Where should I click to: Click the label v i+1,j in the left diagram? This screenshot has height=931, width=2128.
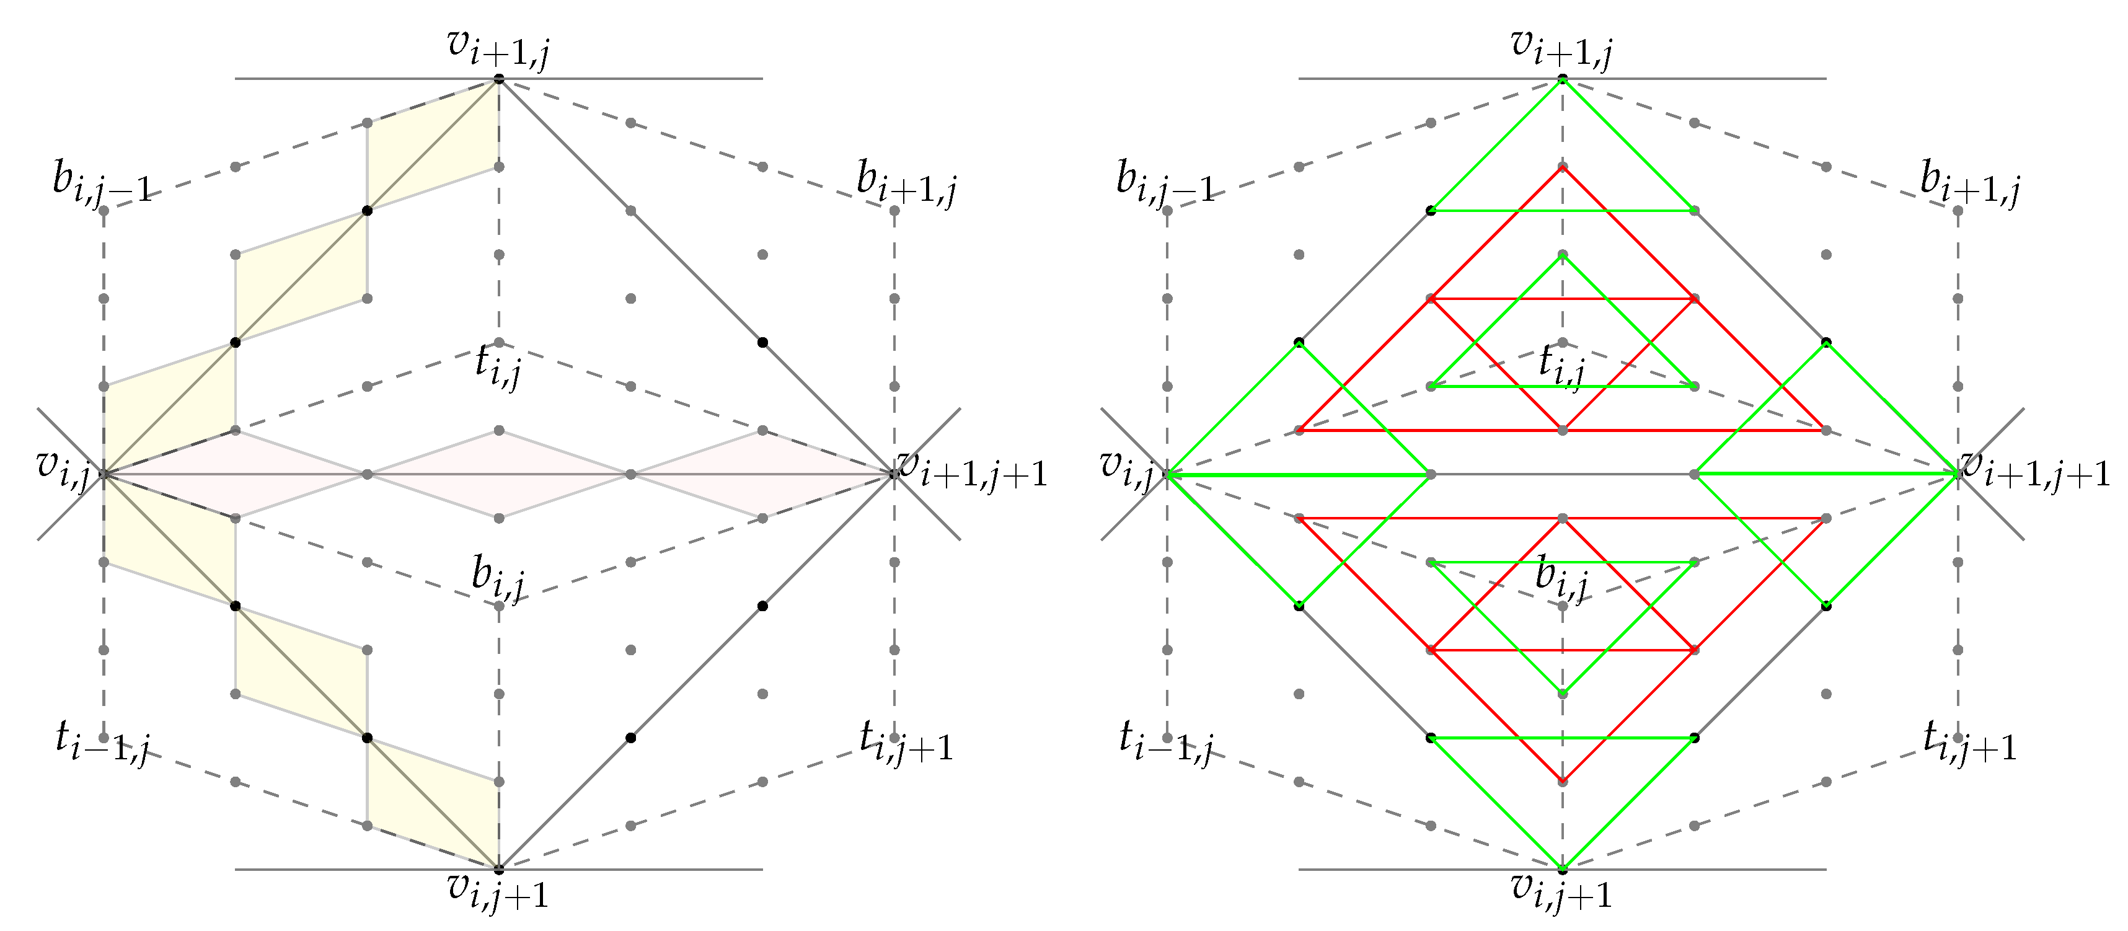498,48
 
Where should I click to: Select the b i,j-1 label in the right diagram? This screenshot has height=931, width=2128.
1165,183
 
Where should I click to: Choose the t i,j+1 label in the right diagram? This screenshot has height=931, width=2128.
1969,741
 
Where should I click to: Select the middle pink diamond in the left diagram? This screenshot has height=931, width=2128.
498,474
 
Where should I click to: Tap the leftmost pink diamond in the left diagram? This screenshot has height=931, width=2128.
234,474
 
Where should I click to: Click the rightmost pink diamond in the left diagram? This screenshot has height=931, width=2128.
762,474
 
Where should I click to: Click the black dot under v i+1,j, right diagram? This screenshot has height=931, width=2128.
1562,79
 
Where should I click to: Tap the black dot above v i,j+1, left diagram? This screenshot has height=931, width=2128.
499,869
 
